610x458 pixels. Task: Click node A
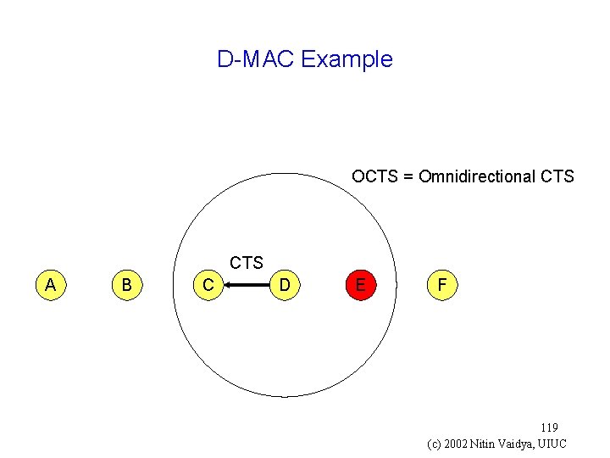[x=51, y=285]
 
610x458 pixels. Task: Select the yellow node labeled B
[x=126, y=285]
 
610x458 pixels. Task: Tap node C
[x=208, y=286]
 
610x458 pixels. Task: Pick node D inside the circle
[x=286, y=286]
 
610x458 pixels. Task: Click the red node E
[x=361, y=285]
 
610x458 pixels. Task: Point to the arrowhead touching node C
[x=229, y=287]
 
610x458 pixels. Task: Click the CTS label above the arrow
[x=247, y=264]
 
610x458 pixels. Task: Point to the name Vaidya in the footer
[x=518, y=444]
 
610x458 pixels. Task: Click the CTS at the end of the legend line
[x=557, y=176]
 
